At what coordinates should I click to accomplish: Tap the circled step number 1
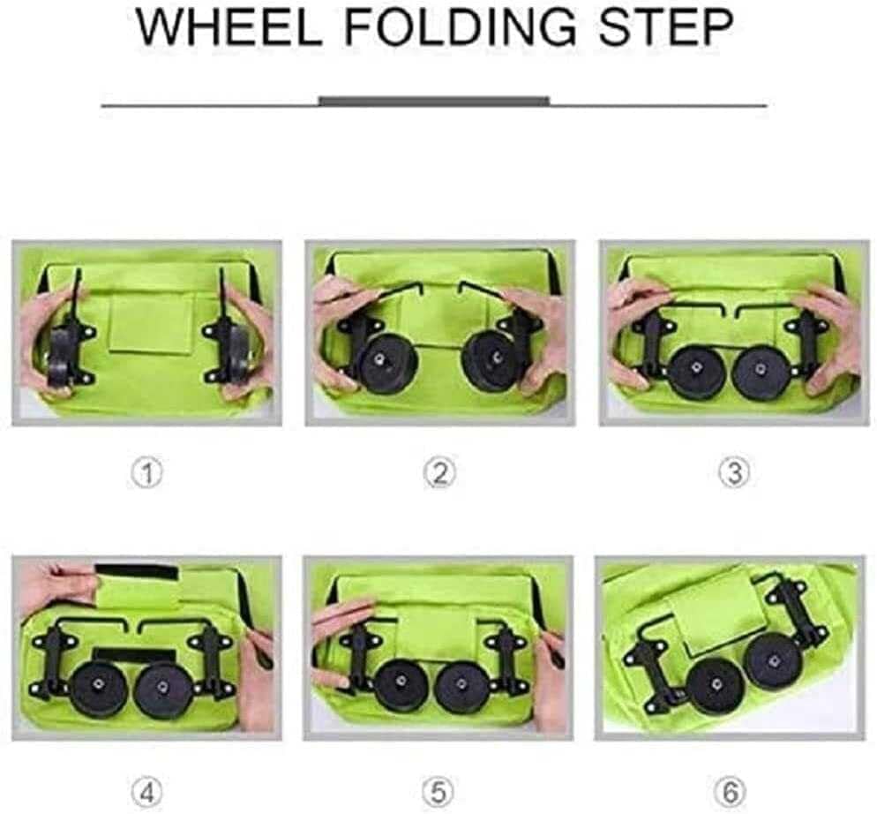pyautogui.click(x=147, y=473)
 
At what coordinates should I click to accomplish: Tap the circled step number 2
pyautogui.click(x=439, y=473)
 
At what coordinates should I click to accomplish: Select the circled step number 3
pyautogui.click(x=734, y=473)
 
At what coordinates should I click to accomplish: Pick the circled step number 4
pyautogui.click(x=147, y=793)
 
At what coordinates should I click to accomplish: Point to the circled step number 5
pyautogui.click(x=438, y=793)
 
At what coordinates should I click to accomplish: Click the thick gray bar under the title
pyautogui.click(x=434, y=101)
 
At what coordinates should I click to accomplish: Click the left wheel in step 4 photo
pyautogui.click(x=100, y=688)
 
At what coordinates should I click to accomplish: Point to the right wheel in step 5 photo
pyautogui.click(x=461, y=688)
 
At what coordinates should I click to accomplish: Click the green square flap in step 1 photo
pyautogui.click(x=151, y=323)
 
